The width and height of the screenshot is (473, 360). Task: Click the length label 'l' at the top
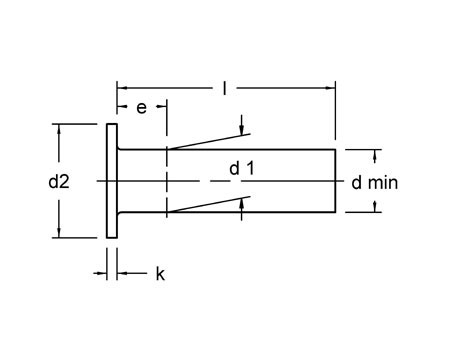click(x=224, y=89)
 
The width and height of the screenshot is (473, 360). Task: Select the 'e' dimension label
click(x=141, y=107)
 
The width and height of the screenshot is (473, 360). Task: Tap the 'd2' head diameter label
click(x=59, y=181)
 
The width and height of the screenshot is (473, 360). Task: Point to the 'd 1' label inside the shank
click(x=241, y=169)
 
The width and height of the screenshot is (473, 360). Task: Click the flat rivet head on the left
click(x=112, y=181)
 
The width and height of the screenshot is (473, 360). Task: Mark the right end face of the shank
click(x=336, y=181)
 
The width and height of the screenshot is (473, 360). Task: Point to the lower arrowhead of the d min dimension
click(x=376, y=207)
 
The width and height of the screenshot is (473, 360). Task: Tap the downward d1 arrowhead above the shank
click(x=243, y=130)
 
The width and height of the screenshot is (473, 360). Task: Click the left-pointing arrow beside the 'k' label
click(x=123, y=272)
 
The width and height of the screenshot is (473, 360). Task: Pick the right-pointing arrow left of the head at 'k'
click(x=101, y=272)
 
